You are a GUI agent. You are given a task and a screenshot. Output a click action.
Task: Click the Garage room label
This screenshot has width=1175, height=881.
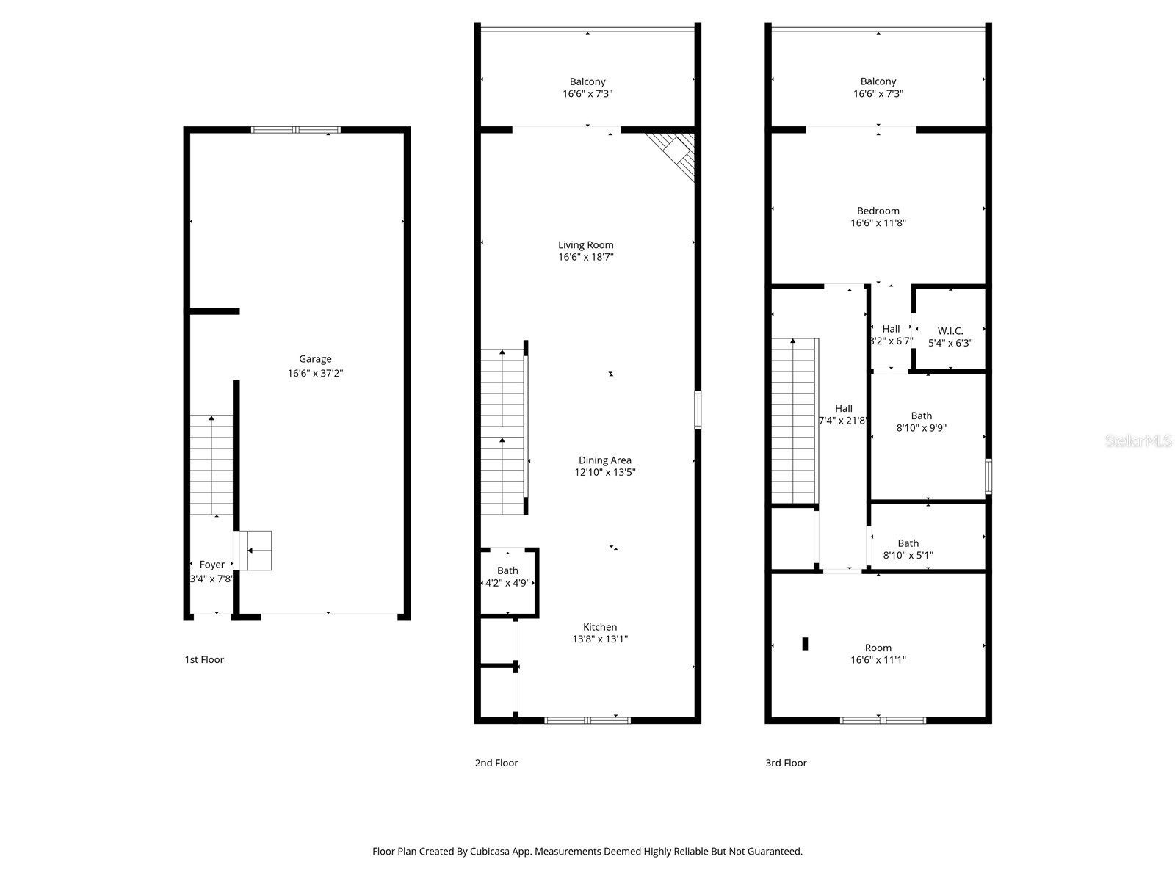tap(315, 359)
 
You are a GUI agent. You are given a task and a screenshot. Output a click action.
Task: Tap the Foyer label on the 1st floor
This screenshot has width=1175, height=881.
tap(211, 565)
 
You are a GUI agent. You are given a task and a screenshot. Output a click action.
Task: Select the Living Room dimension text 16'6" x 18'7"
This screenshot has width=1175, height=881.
tap(586, 257)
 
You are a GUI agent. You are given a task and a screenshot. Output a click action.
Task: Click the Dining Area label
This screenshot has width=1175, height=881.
tap(604, 460)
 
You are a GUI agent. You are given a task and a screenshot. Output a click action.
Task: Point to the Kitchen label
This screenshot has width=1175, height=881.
tap(600, 627)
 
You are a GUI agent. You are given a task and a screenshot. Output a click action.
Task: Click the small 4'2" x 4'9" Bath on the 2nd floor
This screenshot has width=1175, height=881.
tap(507, 576)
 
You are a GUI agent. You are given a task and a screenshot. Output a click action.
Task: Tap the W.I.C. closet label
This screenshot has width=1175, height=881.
tap(950, 331)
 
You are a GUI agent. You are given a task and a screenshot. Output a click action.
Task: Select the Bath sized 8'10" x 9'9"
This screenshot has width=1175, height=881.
tap(922, 421)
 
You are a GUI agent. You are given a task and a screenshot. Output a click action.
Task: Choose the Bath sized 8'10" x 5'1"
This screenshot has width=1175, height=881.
tap(908, 549)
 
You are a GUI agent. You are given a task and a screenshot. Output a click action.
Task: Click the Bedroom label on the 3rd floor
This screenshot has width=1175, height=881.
tap(878, 211)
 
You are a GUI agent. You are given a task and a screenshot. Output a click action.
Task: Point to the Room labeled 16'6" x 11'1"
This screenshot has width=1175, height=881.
tap(878, 653)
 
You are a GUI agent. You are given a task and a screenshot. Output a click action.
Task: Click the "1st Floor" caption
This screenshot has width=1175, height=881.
tap(204, 659)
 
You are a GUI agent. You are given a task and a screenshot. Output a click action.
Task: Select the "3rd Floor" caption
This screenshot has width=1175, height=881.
tap(786, 763)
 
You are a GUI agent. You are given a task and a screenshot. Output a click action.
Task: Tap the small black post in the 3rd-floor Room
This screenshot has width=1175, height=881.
tap(805, 644)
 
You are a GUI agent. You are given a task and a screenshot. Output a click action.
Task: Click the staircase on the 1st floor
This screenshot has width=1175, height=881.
tap(211, 465)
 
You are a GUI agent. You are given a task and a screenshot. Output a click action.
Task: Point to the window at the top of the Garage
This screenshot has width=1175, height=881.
tap(296, 130)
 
